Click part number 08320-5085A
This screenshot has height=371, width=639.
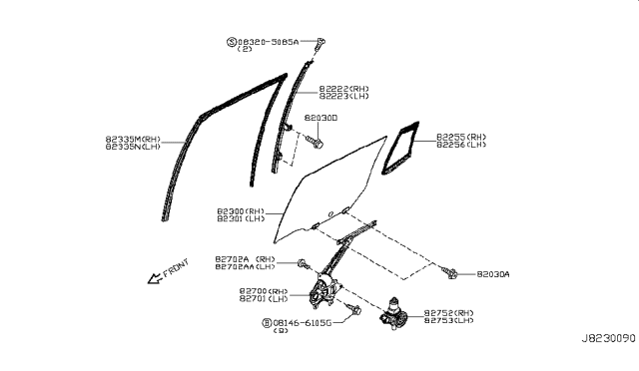pos(274,42)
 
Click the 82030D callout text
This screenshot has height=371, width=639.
pos(320,118)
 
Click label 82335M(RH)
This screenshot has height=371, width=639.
pos(132,138)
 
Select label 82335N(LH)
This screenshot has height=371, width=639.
pos(132,147)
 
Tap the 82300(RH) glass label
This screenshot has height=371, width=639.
pos(241,211)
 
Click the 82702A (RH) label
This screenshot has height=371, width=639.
pos(245,258)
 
